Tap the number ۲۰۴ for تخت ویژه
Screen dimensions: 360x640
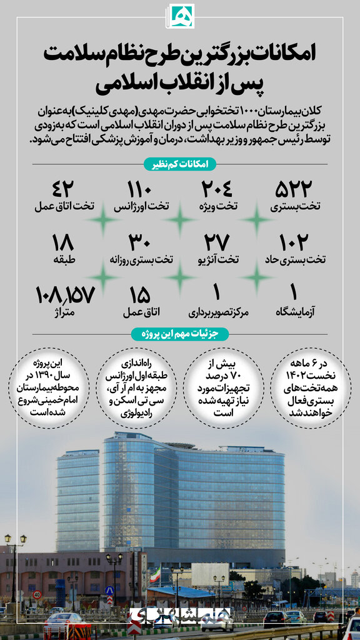217,188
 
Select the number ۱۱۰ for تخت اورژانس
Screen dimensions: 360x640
145,188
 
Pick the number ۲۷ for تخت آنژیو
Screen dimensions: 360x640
217,241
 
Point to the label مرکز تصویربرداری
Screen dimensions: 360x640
217,310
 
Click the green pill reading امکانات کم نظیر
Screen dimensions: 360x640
180,164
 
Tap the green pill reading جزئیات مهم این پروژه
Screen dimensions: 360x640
180,334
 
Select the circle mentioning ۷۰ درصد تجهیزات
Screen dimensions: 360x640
224,388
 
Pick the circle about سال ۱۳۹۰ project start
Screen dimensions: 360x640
49,388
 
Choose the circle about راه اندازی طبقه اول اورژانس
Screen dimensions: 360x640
137,388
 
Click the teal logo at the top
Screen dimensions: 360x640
181,16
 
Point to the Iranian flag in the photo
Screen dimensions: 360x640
154,575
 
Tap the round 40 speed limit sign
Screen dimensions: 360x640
37,594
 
